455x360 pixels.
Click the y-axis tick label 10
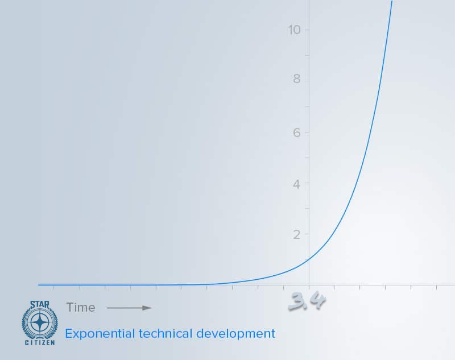295,30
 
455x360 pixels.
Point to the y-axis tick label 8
296,80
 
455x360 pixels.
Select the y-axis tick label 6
296,132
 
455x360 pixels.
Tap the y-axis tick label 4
296,183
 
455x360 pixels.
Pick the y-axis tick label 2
296,234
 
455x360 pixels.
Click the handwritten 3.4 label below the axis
307,302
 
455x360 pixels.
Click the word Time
81,308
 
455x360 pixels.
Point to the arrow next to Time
129,308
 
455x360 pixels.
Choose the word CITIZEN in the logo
40,343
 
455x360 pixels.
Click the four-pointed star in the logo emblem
40,322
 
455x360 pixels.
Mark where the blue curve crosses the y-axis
309,259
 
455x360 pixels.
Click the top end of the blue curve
392,2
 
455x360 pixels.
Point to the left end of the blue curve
39,285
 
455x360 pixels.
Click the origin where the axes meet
309,285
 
